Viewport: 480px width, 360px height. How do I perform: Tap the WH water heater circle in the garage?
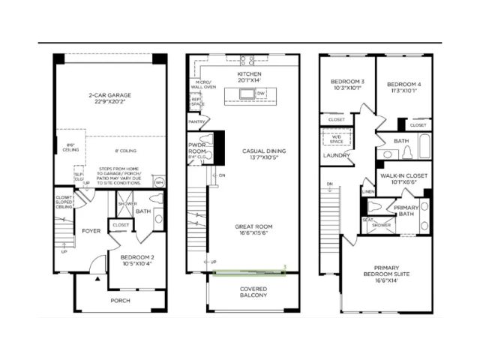(159, 182)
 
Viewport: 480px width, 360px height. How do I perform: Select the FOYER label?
(91, 230)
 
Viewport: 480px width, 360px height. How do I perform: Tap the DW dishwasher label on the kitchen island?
(261, 93)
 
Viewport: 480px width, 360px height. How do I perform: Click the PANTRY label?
(197, 121)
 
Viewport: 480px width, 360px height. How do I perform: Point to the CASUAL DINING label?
(260, 154)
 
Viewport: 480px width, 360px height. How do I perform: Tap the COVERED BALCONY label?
(253, 292)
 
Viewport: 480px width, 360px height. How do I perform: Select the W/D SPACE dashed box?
(333, 138)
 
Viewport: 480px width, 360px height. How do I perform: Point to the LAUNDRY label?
(333, 156)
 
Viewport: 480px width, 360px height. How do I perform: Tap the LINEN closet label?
(367, 191)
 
